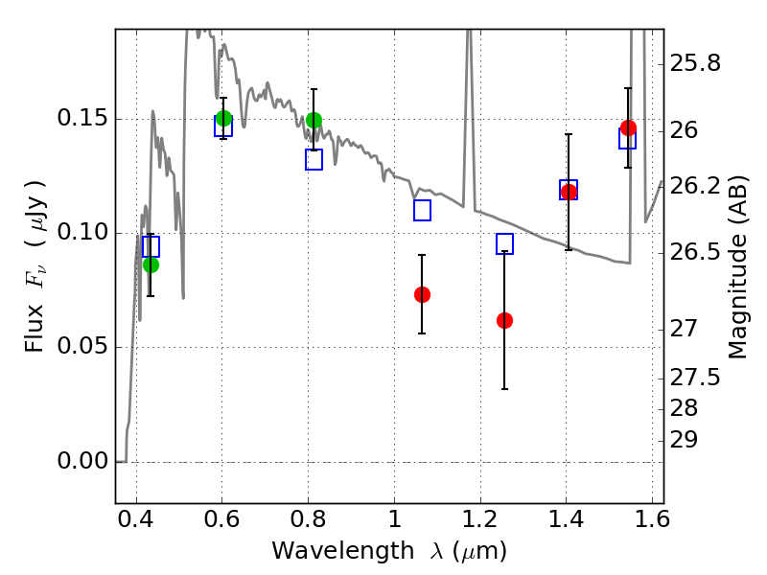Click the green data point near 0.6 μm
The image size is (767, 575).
pyautogui.click(x=223, y=118)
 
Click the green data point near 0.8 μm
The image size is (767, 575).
pyautogui.click(x=314, y=120)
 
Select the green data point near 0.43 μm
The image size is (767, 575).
pyautogui.click(x=151, y=264)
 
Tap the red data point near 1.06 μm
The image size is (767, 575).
pyautogui.click(x=422, y=294)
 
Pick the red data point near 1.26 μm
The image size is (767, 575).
pyautogui.click(x=504, y=320)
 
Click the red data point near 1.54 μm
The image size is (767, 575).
pyautogui.click(x=628, y=127)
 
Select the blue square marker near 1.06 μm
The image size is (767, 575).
pyautogui.click(x=422, y=210)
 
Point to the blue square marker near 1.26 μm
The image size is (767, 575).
pyautogui.click(x=504, y=243)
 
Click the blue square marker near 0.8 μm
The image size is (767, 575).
pyautogui.click(x=314, y=159)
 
